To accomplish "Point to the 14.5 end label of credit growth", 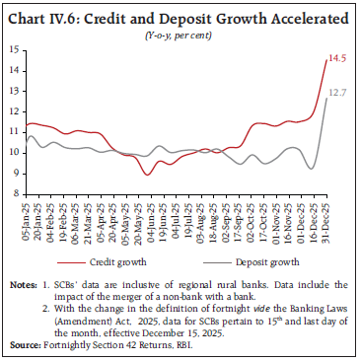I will click(x=338, y=58).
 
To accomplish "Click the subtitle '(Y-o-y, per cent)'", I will click(x=179, y=34).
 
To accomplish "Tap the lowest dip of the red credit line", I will click(x=147, y=175).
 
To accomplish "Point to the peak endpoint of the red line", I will click(x=326, y=59).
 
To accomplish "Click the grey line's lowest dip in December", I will click(x=311, y=169).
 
